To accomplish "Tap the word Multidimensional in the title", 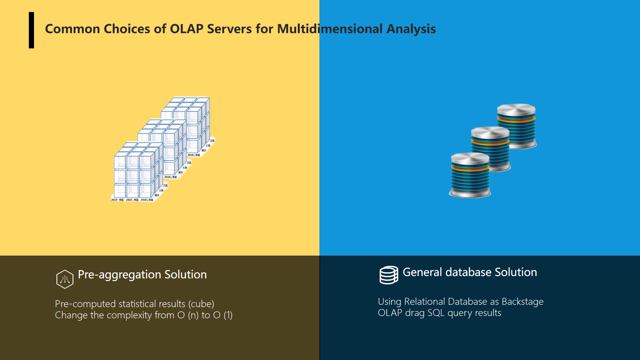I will coord(330,29).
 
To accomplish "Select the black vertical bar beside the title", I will coord(31,30).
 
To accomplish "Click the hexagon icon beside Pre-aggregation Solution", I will coord(65,279).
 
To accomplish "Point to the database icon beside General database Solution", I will coord(389,275).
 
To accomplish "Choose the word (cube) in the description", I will coord(201,304).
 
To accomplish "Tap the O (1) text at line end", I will coord(223,315).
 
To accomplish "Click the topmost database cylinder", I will coord(516,126).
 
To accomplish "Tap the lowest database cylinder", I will coord(470,175).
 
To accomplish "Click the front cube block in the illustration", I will coord(136,172).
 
